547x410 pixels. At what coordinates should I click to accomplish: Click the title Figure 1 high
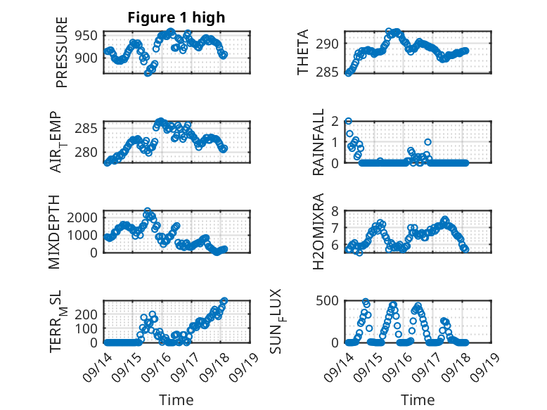point(176,18)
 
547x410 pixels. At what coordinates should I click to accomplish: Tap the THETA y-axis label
point(303,53)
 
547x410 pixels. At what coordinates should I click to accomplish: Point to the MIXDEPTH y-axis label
point(55,231)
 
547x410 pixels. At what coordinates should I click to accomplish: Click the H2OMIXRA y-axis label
point(318,231)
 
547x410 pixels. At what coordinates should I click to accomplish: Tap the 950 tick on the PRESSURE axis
point(89,35)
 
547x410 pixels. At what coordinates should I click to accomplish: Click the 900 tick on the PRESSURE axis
point(89,58)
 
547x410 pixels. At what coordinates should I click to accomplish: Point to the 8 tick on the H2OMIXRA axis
point(336,210)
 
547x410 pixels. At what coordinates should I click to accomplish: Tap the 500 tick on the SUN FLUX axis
point(331,300)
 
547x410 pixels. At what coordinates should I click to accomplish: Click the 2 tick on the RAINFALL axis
point(336,121)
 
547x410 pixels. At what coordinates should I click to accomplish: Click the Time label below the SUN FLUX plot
point(418,400)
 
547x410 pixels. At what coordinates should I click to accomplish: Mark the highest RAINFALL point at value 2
point(348,121)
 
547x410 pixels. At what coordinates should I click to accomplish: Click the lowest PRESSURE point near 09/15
point(148,72)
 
